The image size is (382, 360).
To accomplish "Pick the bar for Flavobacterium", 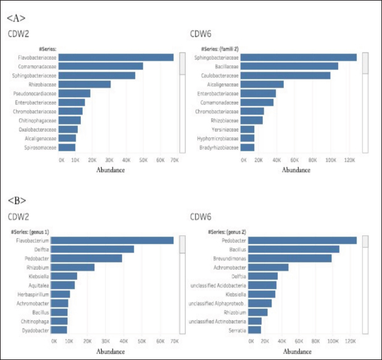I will coord(114,240).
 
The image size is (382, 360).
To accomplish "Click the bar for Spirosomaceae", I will coord(67,147).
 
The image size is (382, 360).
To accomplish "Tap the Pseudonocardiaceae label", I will coord(35,94).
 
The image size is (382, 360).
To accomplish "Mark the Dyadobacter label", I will coord(38,330).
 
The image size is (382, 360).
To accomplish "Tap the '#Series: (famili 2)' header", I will coord(220,48).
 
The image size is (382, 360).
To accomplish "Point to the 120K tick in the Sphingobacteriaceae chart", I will coord(348,160).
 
